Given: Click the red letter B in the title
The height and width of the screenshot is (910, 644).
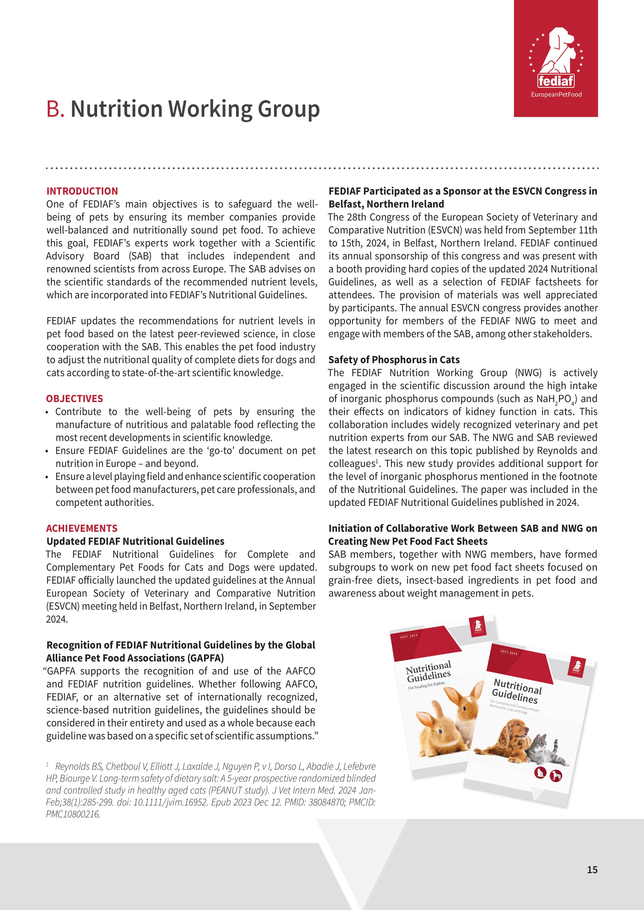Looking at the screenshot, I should [x=55, y=109].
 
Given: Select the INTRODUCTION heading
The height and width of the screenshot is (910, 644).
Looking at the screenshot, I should [x=82, y=191].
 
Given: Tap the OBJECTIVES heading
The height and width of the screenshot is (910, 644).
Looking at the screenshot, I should [x=74, y=399].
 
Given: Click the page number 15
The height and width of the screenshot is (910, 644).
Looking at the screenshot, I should [x=592, y=870].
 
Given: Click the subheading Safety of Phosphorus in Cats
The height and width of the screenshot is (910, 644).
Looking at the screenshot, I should [x=394, y=360].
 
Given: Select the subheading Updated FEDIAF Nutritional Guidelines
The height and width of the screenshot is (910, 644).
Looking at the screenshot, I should [x=135, y=541].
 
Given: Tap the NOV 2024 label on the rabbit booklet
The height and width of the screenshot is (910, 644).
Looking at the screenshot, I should [x=409, y=636].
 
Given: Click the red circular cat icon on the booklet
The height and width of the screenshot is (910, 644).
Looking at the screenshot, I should [x=540, y=772].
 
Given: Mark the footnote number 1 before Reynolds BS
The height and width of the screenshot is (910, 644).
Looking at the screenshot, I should [x=47, y=764].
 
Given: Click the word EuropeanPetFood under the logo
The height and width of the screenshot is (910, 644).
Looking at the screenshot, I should [x=556, y=94].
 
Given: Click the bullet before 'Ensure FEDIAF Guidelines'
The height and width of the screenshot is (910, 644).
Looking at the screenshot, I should [x=47, y=451].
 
